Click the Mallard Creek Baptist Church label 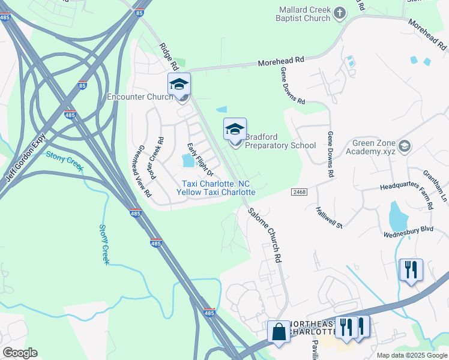pos(305,14)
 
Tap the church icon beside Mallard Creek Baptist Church pos(340,13)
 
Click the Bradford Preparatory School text pos(280,141)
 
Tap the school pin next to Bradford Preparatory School pos(235,130)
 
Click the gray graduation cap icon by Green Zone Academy pos(405,146)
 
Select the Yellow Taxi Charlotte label pos(216,193)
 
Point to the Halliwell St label pos(328,217)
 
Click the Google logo pos(20,353)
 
